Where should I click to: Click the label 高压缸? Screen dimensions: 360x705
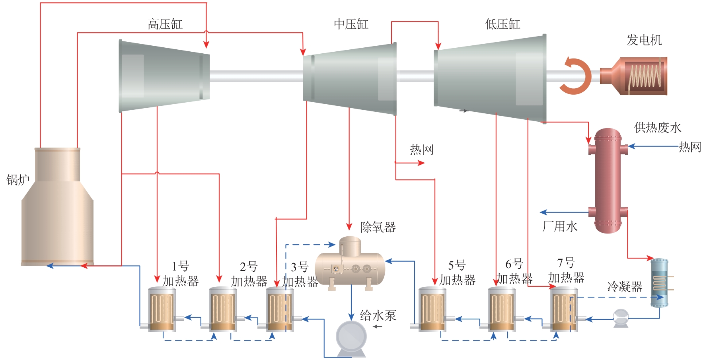165,25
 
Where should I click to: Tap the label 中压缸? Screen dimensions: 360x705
351,24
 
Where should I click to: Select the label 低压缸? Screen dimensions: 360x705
502,24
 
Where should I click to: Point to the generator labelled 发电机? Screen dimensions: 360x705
637,76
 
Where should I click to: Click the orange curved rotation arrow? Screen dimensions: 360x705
575,76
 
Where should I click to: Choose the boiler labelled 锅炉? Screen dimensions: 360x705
58,207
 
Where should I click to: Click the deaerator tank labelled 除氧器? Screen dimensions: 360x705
350,265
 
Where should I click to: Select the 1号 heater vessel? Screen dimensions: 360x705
162,309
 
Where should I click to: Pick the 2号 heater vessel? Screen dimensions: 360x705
223,309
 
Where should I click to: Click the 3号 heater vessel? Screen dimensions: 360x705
280,309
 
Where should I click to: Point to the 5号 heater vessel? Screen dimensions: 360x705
432,309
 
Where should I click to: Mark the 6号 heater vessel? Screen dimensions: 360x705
502,309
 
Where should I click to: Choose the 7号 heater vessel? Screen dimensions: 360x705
564,309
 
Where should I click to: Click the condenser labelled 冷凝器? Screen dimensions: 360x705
659,283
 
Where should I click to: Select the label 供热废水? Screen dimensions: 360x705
658,128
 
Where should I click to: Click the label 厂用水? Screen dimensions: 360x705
560,227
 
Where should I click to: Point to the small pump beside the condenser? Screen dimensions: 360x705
621,318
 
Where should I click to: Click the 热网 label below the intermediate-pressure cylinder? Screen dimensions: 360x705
422,150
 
